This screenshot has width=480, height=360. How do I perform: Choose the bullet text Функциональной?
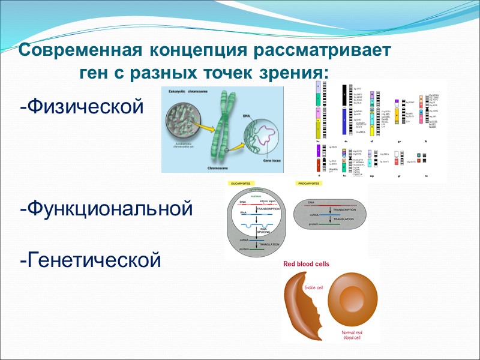[x=106, y=209]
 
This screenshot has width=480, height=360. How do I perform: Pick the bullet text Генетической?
[x=91, y=260]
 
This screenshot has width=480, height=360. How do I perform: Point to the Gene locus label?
[x=270, y=161]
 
